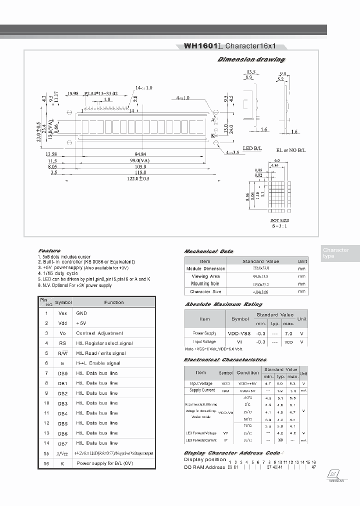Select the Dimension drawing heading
[x=251, y=59]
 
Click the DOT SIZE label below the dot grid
[x=279, y=220]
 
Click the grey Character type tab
[x=336, y=253]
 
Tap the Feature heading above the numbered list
[x=49, y=250]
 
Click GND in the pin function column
[x=81, y=313]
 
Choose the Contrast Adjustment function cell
[x=99, y=333]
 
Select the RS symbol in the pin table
[x=63, y=343]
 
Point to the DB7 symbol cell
[x=63, y=443]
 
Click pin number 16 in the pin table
[x=46, y=463]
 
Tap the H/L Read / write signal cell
[x=104, y=353]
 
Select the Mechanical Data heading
[x=208, y=251]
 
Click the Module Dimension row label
[x=205, y=268]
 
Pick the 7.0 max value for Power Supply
[x=288, y=332]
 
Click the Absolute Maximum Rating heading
[x=223, y=304]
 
